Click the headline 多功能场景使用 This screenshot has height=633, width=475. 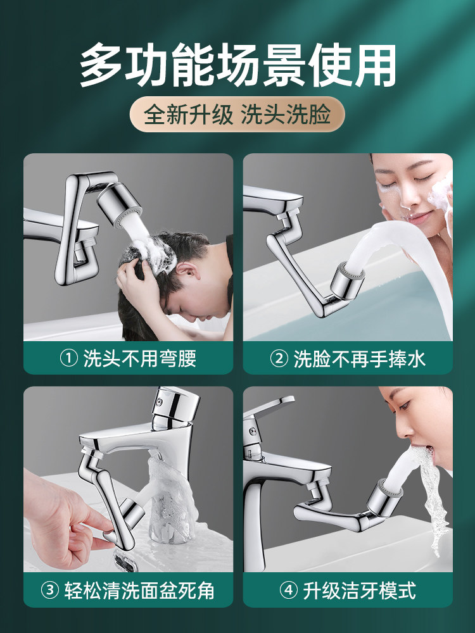pyautogui.click(x=237, y=66)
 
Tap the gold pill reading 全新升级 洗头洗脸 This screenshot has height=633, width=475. pyautogui.click(x=237, y=114)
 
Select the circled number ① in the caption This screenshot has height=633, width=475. pyautogui.click(x=68, y=358)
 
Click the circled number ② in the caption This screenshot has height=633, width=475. pyautogui.click(x=279, y=358)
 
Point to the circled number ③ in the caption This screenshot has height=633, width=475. pyautogui.click(x=50, y=590)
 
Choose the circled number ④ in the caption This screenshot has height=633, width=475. pyautogui.click(x=288, y=590)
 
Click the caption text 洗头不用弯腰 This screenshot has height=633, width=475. pyautogui.click(x=140, y=358)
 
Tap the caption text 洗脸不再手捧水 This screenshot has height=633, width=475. pyautogui.click(x=360, y=358)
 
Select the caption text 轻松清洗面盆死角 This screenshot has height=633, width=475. pyautogui.click(x=139, y=590)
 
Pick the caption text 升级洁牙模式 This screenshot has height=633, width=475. pyautogui.click(x=360, y=590)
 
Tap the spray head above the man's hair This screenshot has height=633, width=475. pyautogui.click(x=120, y=203)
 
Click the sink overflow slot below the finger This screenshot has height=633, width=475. pyautogui.click(x=125, y=561)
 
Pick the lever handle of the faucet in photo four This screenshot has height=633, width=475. pyautogui.click(x=270, y=406)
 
